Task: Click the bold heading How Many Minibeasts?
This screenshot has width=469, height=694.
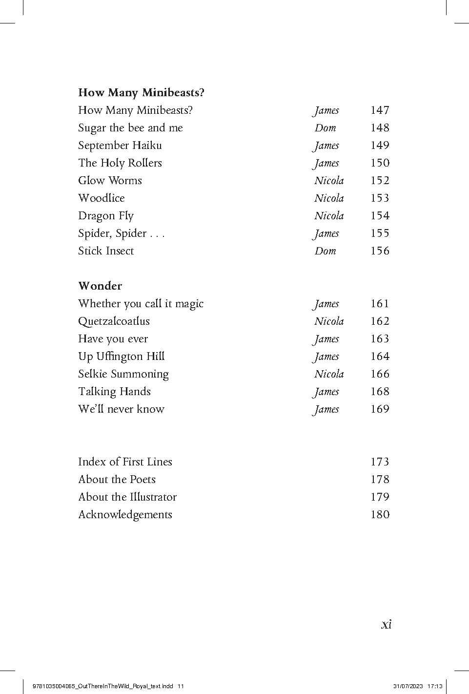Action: tap(141, 92)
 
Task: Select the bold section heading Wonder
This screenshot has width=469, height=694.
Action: tap(100, 286)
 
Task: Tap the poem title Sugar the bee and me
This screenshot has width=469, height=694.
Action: tap(130, 128)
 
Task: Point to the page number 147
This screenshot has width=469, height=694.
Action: tap(379, 110)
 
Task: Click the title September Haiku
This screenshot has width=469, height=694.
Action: tap(120, 146)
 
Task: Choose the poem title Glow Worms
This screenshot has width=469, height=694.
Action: tap(110, 181)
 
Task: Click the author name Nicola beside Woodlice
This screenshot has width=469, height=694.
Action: tap(329, 198)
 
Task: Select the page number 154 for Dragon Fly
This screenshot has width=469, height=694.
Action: tap(379, 216)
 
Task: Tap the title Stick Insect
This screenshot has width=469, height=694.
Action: tap(106, 251)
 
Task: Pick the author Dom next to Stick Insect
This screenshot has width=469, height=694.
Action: tap(325, 251)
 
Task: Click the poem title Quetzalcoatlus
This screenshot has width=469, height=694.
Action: tap(114, 321)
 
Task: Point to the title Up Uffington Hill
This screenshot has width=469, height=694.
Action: tap(121, 357)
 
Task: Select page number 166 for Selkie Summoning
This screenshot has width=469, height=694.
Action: tap(379, 374)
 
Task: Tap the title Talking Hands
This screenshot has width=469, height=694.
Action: tap(114, 392)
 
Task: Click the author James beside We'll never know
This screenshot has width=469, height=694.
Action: tap(326, 409)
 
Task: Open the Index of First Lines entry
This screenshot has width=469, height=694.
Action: tap(125, 462)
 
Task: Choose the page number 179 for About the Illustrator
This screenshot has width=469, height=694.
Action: tap(379, 497)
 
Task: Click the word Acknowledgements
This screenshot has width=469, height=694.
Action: tap(125, 515)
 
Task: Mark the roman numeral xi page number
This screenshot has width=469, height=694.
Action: tap(386, 624)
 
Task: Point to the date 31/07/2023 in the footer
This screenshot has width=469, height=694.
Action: tap(408, 686)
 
